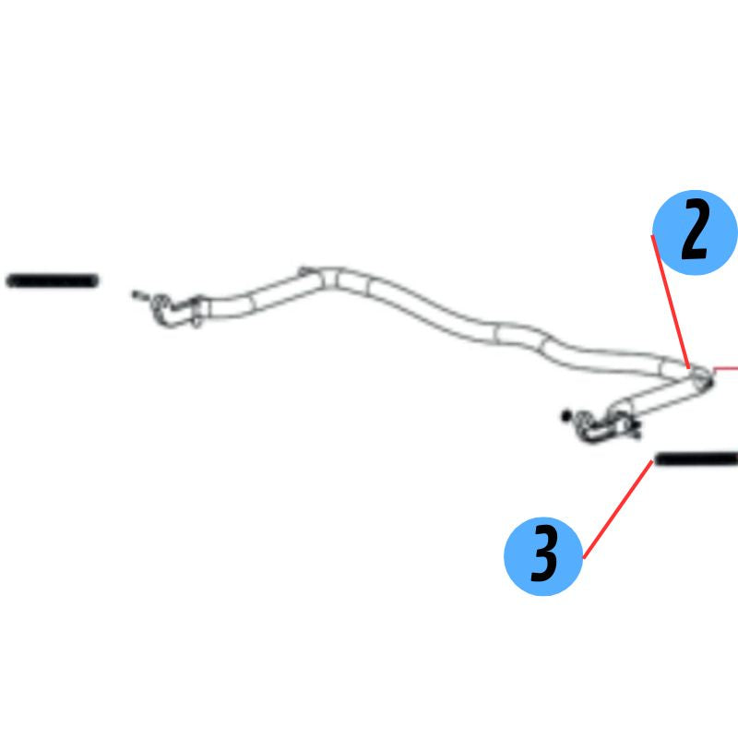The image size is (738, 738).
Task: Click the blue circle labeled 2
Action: point(696,232)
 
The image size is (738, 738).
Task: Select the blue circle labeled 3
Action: point(543,556)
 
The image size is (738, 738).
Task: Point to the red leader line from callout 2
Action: point(671,302)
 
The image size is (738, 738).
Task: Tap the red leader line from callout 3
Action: point(618,509)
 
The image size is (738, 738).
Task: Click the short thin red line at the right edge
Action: point(725,368)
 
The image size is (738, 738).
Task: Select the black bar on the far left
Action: point(52,281)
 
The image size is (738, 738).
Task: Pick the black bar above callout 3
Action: point(696,458)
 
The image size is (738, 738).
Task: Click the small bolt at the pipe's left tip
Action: point(140,295)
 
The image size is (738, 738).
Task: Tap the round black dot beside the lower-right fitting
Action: point(565,416)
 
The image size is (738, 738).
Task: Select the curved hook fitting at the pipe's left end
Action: point(167,310)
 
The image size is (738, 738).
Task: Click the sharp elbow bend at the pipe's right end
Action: point(701,378)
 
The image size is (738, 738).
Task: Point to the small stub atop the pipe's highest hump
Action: point(304,271)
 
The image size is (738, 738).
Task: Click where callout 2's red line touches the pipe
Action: point(689,367)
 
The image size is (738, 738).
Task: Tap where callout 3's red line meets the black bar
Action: point(653,460)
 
